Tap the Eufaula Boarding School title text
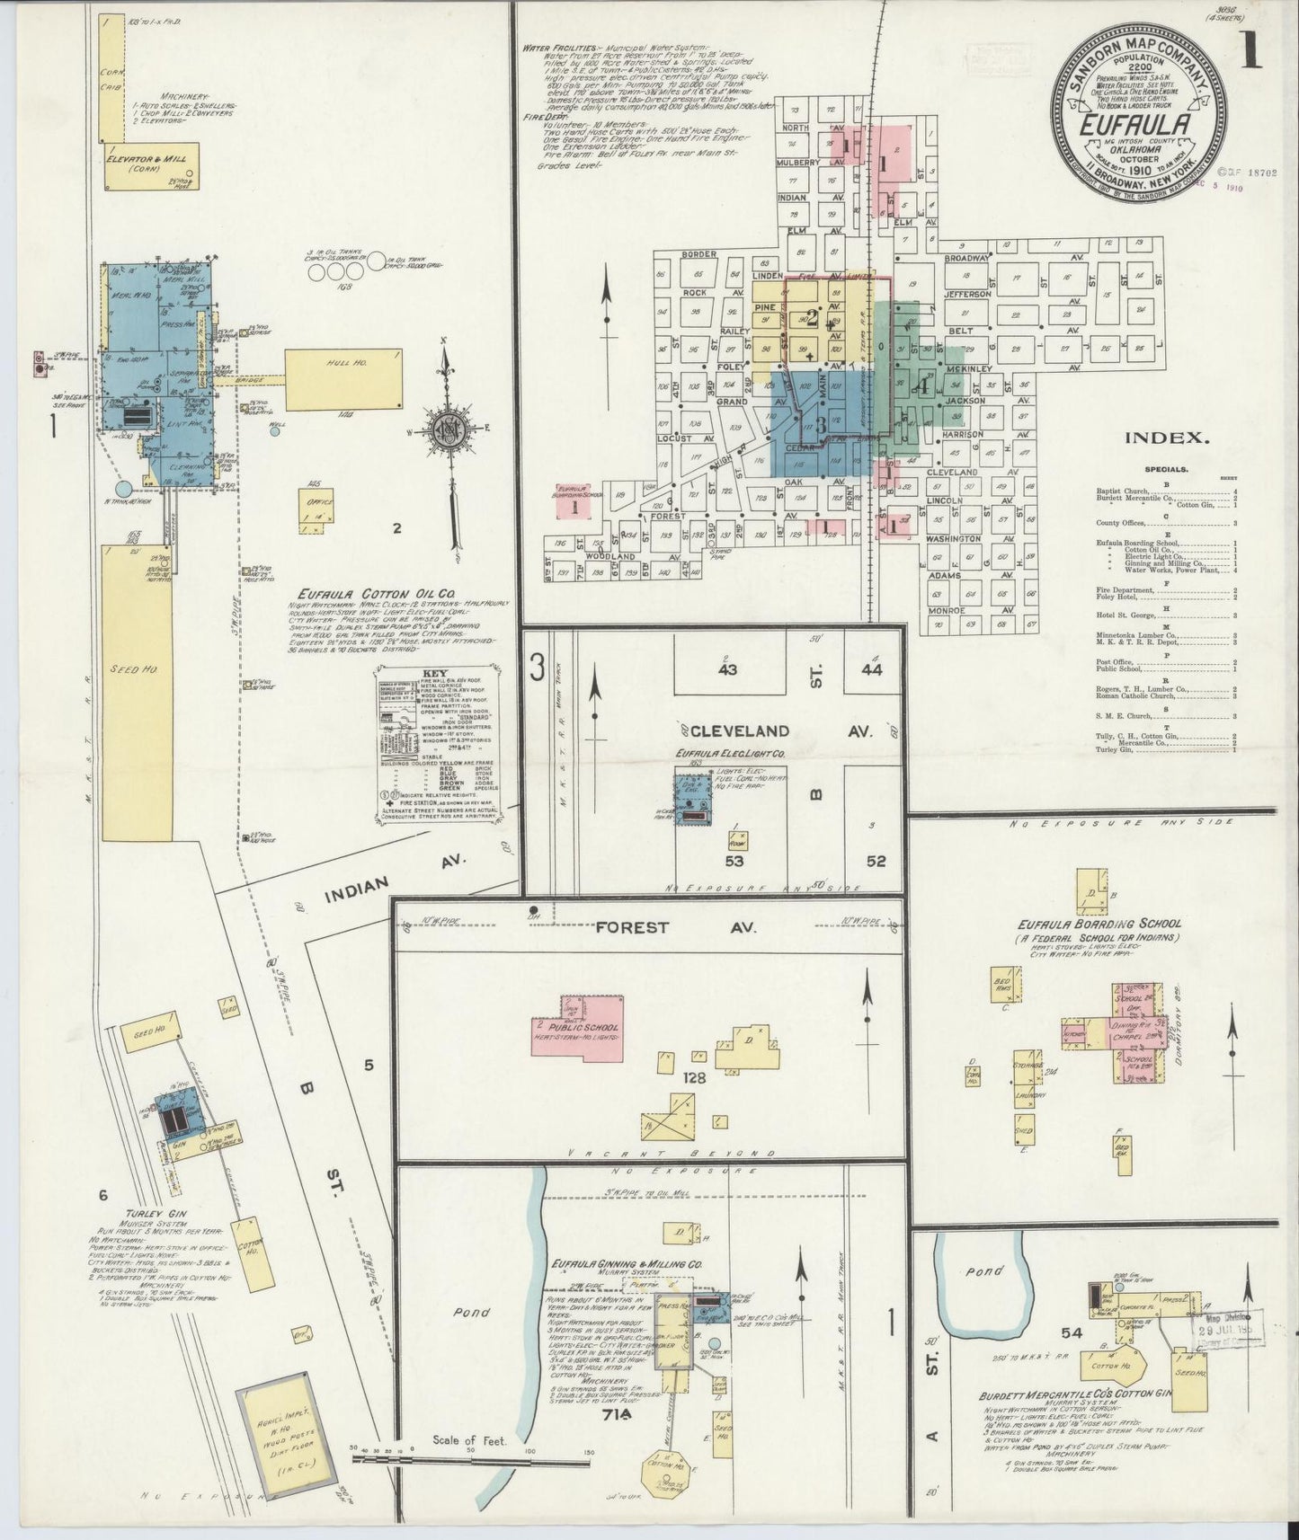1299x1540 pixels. coord(1099,924)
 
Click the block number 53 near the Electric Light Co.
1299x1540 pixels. coord(735,862)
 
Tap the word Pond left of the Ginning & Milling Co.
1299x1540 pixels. coord(472,1311)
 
